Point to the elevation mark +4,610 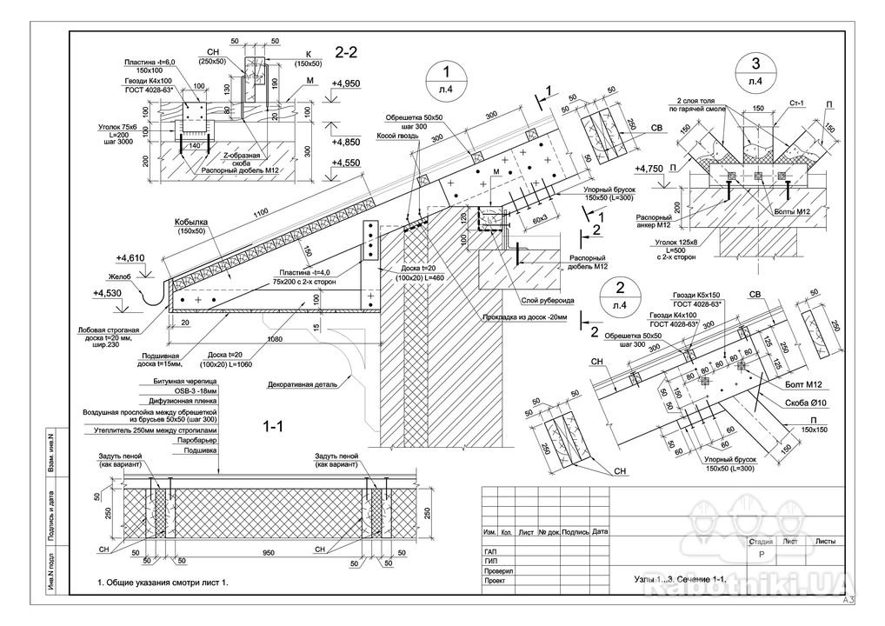click(130, 258)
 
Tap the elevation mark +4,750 click(649, 168)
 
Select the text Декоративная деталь click(302, 382)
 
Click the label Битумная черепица click(185, 383)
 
